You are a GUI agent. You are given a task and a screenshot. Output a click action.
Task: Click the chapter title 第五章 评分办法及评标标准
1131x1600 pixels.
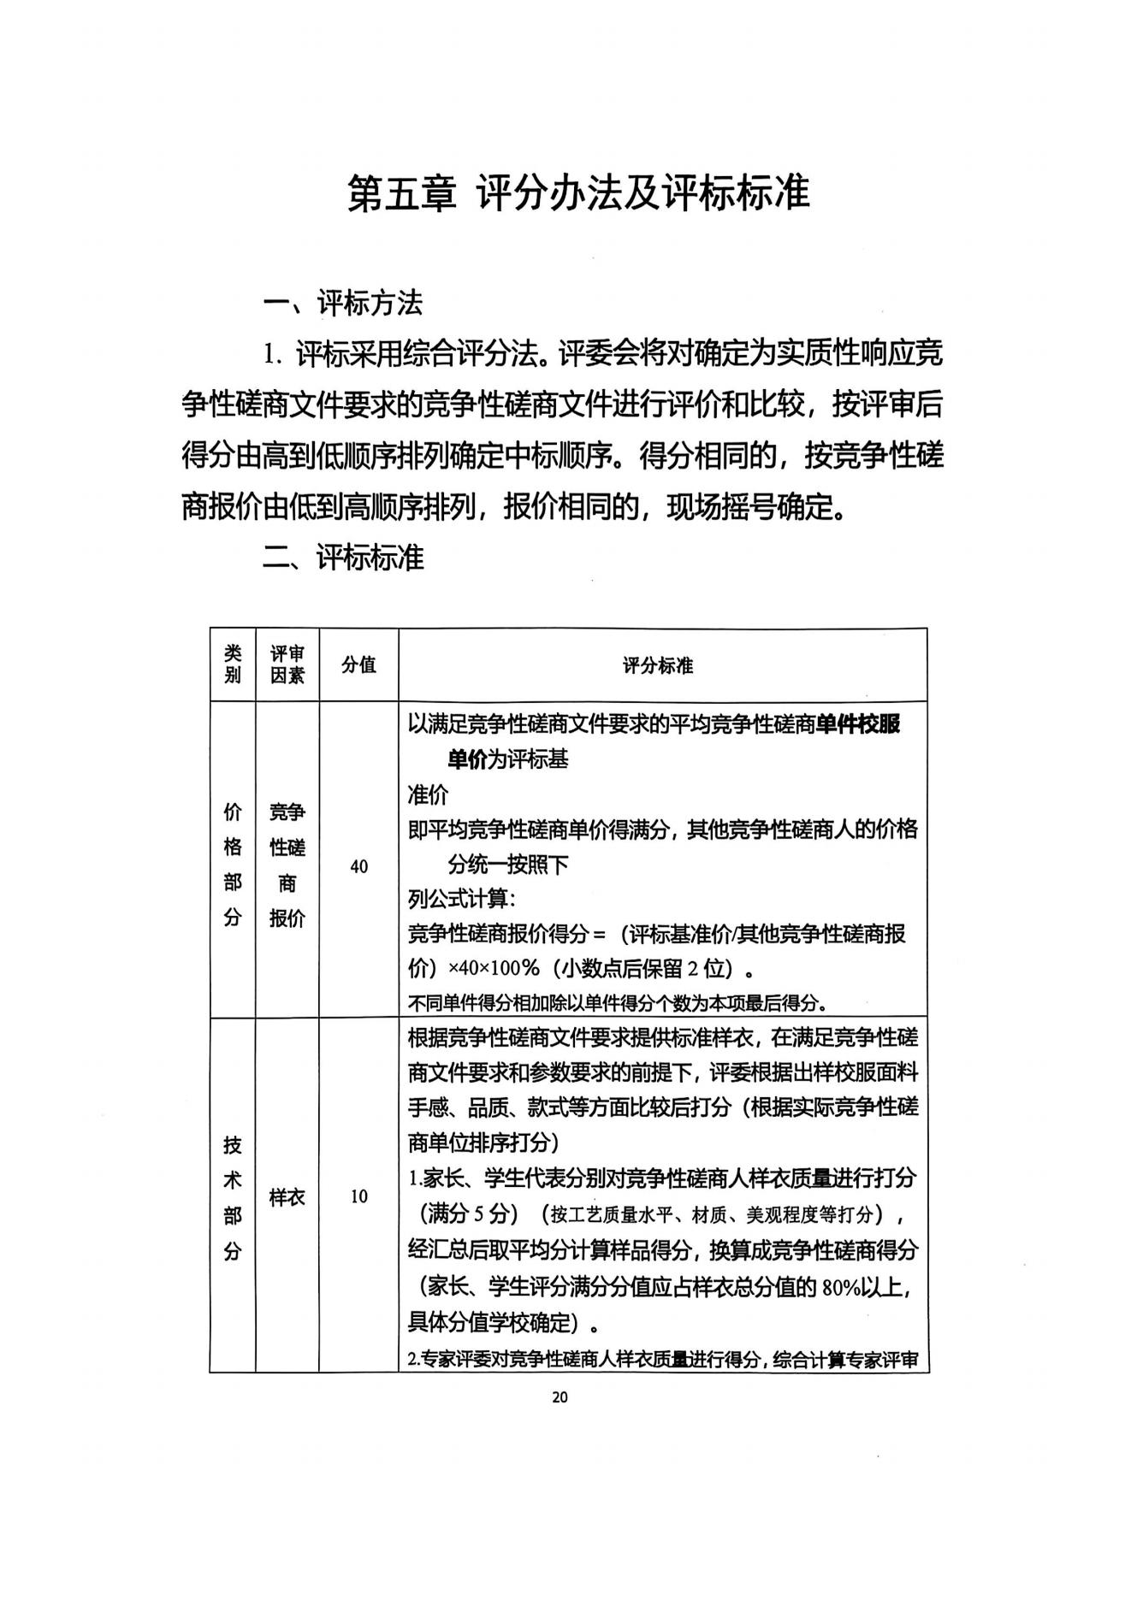coord(577,194)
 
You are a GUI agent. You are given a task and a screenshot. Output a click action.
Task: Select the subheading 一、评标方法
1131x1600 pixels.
coord(342,303)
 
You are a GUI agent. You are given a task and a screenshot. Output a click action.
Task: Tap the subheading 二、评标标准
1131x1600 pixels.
coord(342,558)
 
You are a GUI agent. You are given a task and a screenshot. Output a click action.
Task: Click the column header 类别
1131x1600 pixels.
coord(233,664)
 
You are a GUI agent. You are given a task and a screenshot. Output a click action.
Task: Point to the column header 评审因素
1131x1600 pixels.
coord(287,664)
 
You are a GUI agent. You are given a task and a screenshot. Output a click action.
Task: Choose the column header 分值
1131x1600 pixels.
coord(358,664)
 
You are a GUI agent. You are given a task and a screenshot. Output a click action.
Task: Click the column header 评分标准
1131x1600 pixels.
coord(658,665)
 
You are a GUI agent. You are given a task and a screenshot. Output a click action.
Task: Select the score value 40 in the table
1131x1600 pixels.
coord(358,866)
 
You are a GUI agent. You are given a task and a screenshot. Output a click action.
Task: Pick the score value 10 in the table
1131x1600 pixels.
coord(358,1196)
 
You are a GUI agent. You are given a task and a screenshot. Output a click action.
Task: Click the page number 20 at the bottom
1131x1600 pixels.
coord(560,1397)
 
